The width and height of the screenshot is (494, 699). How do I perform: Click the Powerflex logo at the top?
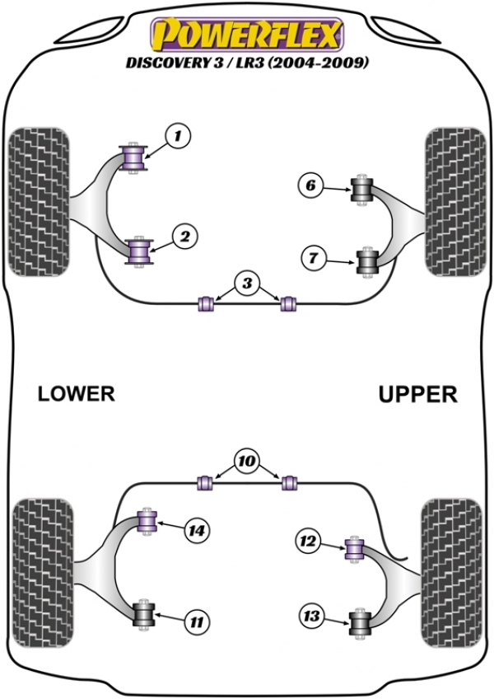pos(247,34)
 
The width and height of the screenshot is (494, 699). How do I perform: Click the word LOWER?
pos(77,394)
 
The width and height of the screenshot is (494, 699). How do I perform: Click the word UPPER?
pos(417,395)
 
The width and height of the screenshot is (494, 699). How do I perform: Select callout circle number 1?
pos(178,135)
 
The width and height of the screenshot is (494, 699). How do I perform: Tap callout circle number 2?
pos(185,237)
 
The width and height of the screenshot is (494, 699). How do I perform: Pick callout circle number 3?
pos(247,284)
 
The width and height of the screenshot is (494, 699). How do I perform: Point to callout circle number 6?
pos(310,185)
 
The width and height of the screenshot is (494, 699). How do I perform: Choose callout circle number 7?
pos(314,258)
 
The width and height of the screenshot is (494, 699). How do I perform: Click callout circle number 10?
pos(247,461)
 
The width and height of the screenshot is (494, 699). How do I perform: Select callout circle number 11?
pos(197,622)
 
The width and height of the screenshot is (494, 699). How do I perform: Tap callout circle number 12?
pos(308,542)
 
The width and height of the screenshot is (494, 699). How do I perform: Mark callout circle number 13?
pos(311,616)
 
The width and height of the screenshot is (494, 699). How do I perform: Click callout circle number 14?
pos(197,531)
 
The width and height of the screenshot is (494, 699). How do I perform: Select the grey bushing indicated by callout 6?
pos(361,189)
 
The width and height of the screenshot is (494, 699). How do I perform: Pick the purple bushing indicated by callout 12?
pos(355,550)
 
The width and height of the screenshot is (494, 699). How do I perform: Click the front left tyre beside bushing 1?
pos(40,202)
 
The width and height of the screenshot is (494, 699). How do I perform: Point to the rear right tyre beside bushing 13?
pos(452,573)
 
